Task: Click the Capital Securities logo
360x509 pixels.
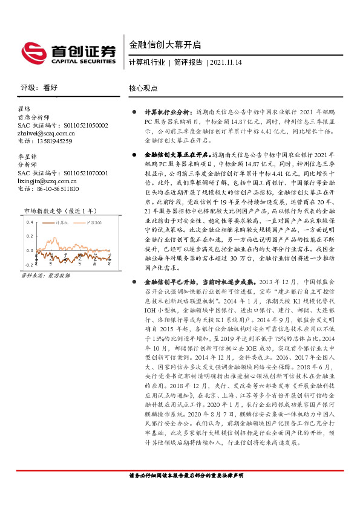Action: coord(68,51)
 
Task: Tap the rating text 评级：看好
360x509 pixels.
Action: coord(39,88)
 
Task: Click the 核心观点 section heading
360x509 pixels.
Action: coord(143,88)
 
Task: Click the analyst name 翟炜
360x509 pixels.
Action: coord(25,110)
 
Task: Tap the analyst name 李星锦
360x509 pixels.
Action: coord(28,157)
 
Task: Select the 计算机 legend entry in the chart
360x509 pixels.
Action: coord(62,223)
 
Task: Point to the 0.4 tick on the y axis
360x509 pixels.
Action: coord(28,222)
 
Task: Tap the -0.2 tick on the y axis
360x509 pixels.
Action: coord(27,265)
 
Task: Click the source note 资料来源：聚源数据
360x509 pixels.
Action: coord(45,275)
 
